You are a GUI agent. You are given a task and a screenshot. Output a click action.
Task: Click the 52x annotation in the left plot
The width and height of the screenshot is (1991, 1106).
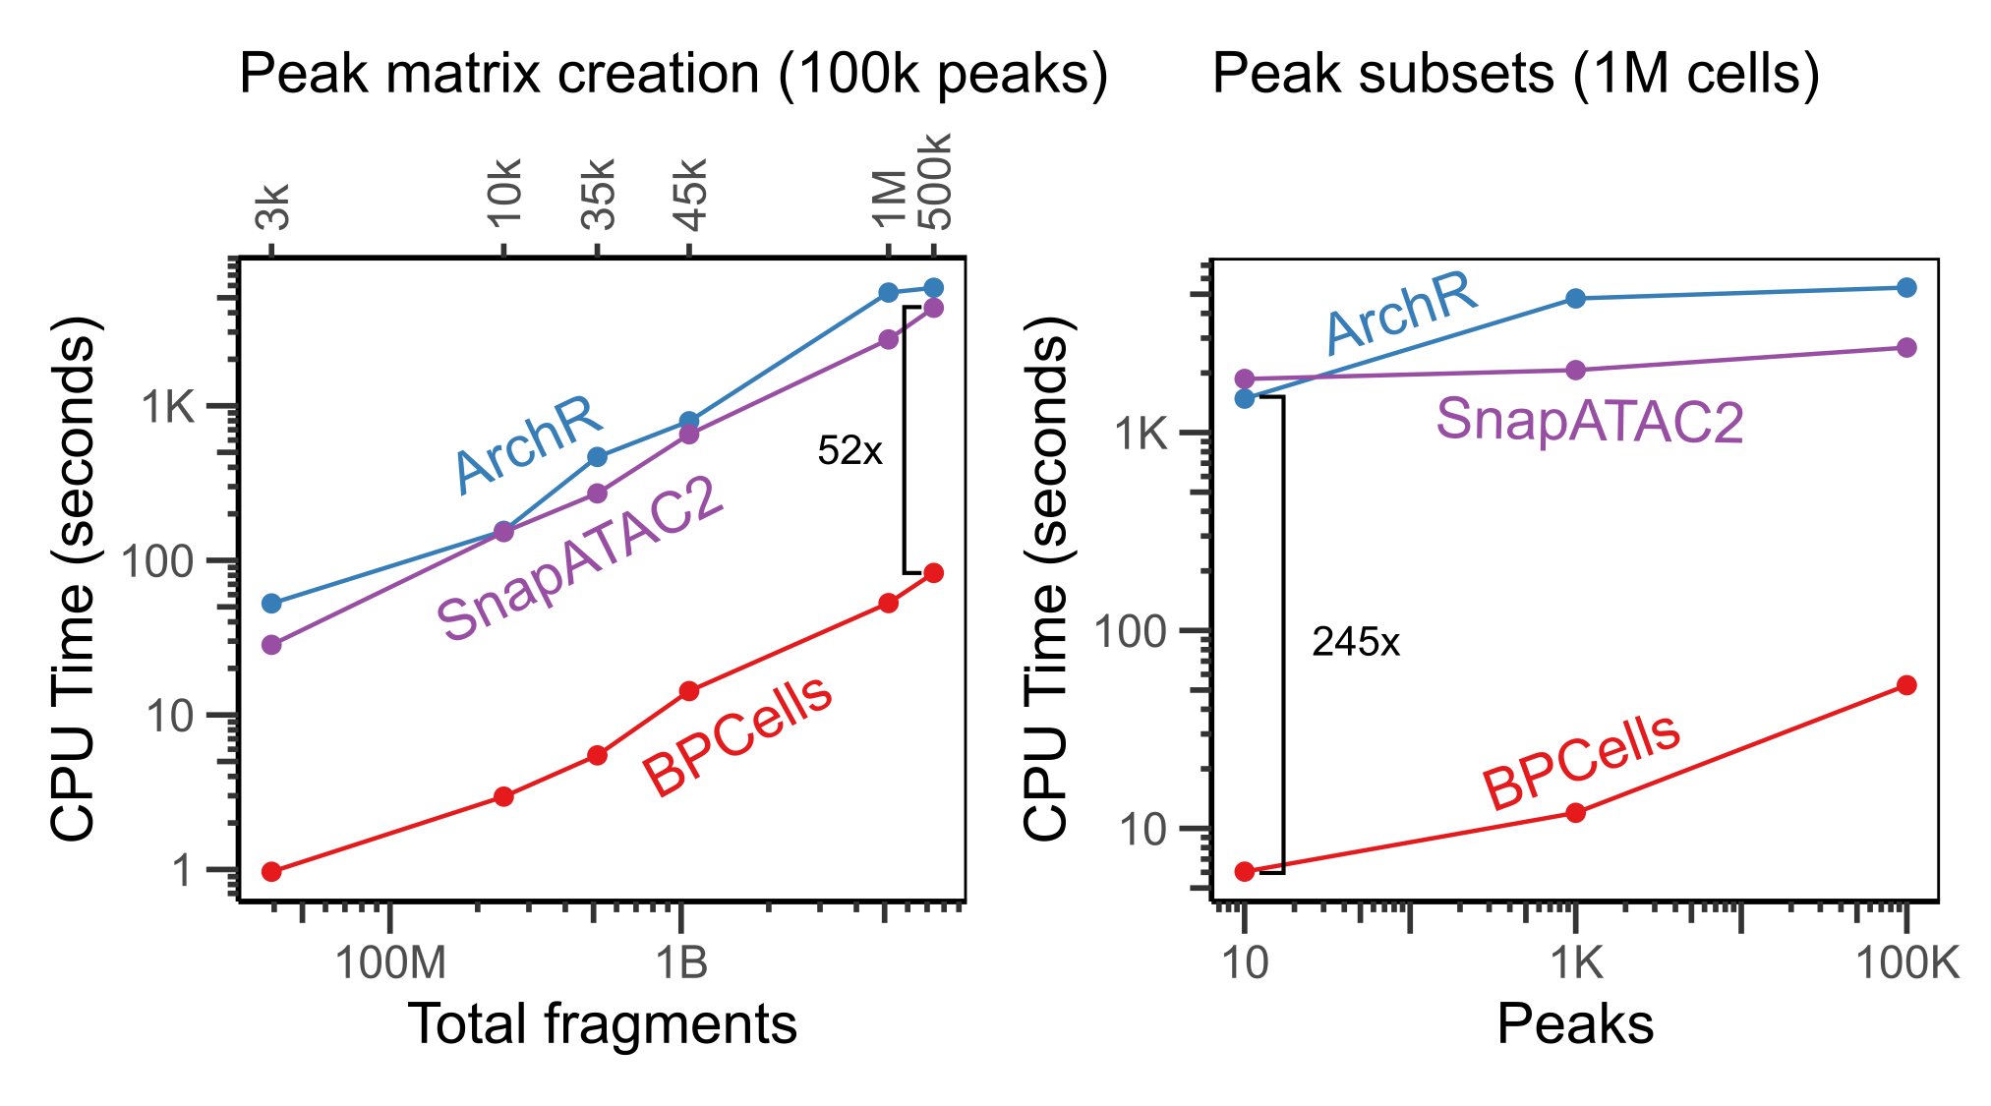point(849,451)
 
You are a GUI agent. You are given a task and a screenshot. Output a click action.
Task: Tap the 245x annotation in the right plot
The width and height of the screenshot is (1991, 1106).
point(1355,643)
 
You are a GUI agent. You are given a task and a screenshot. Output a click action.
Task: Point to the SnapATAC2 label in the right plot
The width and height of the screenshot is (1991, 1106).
point(1589,421)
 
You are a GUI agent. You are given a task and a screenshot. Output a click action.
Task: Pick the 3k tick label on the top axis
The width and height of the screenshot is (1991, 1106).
point(273,206)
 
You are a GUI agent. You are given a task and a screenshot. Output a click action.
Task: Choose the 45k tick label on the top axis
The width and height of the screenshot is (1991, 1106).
point(691,194)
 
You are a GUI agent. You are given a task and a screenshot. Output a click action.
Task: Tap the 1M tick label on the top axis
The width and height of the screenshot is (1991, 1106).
point(889,198)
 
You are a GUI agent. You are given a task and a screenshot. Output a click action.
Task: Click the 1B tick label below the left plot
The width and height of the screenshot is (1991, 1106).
point(681,963)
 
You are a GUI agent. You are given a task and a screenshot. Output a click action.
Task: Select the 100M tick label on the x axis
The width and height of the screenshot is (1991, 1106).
point(390,963)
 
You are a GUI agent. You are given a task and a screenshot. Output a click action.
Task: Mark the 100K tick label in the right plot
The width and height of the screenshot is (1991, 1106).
point(1906,963)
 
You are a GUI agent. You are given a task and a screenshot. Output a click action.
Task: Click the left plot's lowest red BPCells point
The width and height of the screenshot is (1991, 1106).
point(272,871)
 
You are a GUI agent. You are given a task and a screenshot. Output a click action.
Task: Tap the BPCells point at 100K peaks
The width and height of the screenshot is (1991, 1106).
point(1906,685)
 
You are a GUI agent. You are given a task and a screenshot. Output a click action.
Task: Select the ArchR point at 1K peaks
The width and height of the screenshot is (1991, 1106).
point(1576,298)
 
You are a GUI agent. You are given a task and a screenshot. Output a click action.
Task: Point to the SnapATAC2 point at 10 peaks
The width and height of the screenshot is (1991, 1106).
point(1245,378)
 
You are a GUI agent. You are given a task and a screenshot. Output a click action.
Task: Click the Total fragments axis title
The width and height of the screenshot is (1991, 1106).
point(602,1024)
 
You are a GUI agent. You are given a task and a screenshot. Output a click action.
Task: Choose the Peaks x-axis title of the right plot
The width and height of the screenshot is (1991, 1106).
point(1575,1024)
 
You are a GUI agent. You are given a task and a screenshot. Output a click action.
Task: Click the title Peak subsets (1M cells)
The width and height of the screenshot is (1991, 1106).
point(1515,74)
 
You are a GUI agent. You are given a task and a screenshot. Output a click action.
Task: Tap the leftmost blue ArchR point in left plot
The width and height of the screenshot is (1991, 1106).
point(272,603)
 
